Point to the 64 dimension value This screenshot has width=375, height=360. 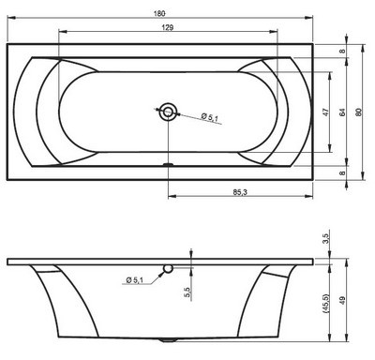pyautogui.click(x=344, y=112)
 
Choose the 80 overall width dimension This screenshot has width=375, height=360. pyautogui.click(x=360, y=112)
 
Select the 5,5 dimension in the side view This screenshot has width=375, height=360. pyautogui.click(x=187, y=292)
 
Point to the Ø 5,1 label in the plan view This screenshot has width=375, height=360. pyautogui.click(x=212, y=117)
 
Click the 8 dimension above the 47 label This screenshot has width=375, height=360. pyautogui.click(x=344, y=52)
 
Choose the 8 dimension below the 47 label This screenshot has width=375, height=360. pyautogui.click(x=344, y=172)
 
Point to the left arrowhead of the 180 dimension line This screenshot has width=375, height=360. pyautogui.click(x=9, y=21)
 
